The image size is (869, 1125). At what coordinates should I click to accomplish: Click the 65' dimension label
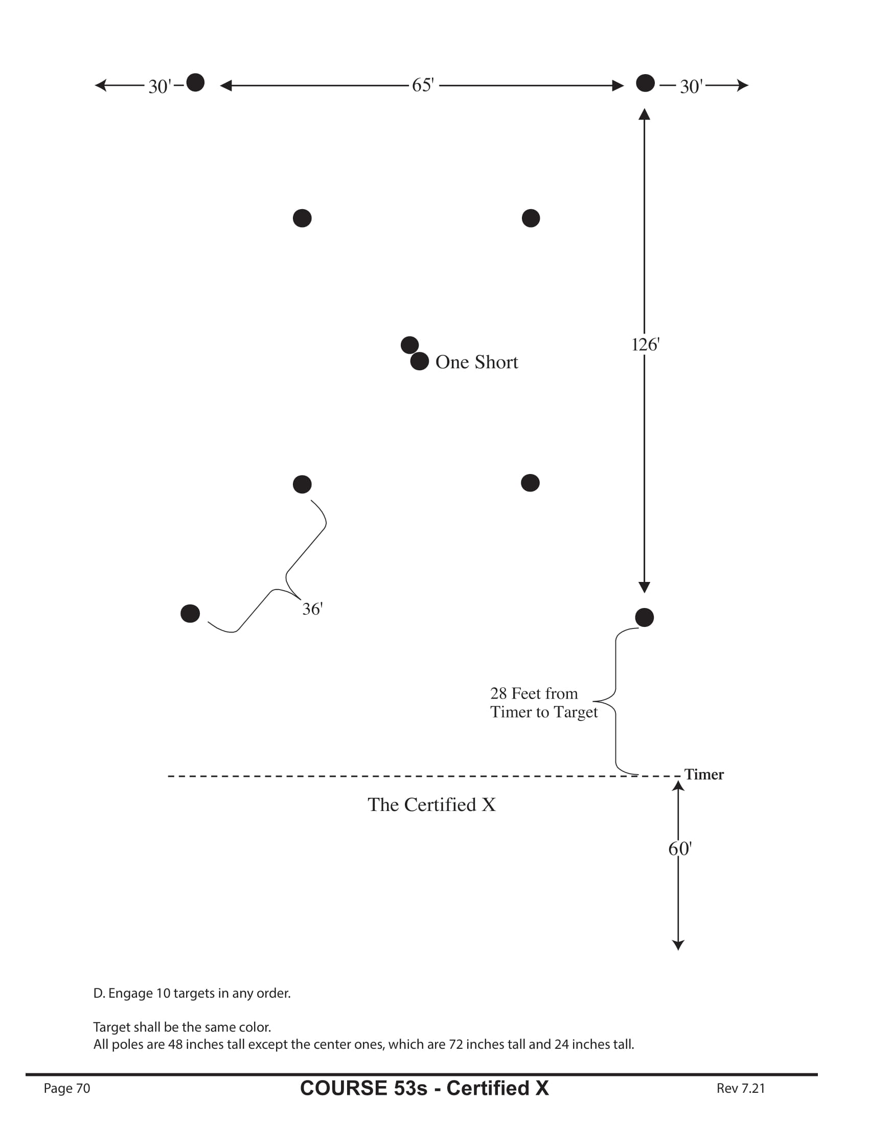click(x=423, y=85)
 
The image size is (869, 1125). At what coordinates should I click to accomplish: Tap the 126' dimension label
click(x=645, y=344)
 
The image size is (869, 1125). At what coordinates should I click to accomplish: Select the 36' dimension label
click(x=312, y=609)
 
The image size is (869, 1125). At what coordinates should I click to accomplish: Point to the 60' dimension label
click(x=679, y=848)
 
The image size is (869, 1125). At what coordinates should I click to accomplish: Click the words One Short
click(x=477, y=362)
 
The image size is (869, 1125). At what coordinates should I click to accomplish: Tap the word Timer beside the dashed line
click(x=704, y=774)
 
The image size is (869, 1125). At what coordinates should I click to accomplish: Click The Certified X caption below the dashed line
click(x=431, y=804)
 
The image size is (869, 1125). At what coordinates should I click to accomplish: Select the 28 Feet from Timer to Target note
click(x=544, y=703)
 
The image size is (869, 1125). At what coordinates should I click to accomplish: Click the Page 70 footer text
click(x=67, y=1088)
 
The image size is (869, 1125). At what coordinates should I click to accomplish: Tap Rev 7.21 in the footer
click(x=740, y=1088)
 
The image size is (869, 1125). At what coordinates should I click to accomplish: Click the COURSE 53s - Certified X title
click(x=424, y=1088)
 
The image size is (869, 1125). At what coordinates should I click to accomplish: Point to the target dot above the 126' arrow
click(x=645, y=83)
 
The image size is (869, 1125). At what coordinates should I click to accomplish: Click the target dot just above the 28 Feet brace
click(x=644, y=617)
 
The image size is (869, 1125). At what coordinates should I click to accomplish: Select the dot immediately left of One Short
click(x=419, y=361)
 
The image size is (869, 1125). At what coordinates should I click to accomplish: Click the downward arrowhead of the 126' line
click(x=644, y=587)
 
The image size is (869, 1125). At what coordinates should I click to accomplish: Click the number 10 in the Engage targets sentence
click(x=163, y=993)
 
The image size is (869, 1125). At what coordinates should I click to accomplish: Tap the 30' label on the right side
click(x=691, y=86)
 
